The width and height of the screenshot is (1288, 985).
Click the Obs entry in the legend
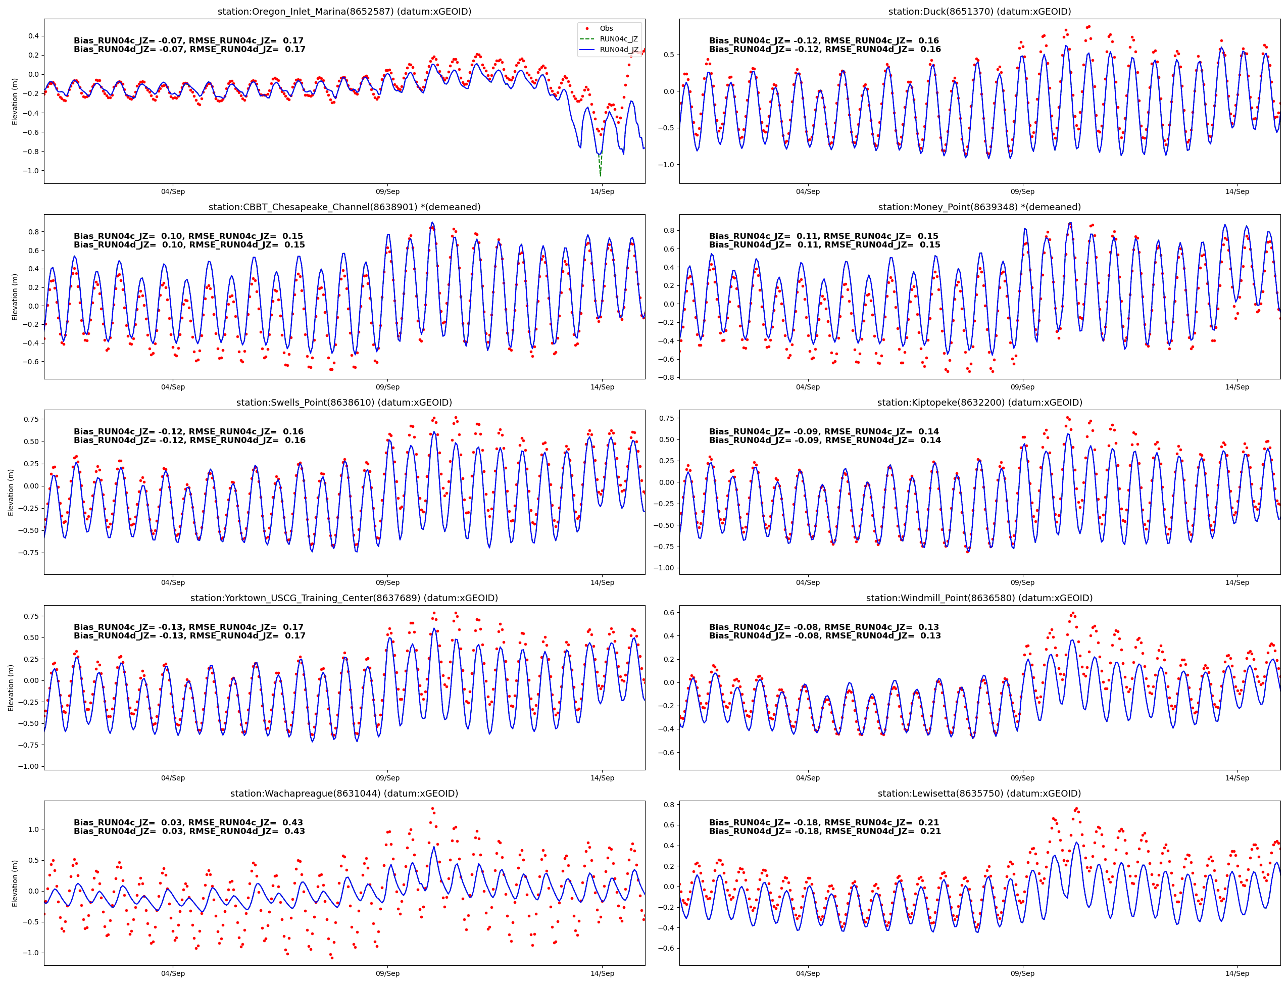click(x=606, y=28)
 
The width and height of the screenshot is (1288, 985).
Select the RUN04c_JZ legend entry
click(x=618, y=39)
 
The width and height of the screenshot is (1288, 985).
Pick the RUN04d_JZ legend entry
click(x=618, y=50)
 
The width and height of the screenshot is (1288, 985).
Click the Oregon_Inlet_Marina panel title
click(x=344, y=12)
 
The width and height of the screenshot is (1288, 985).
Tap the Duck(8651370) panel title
click(x=979, y=12)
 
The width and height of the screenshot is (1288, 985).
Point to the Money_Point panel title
click(x=979, y=207)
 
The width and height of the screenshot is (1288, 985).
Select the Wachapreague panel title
click(x=344, y=793)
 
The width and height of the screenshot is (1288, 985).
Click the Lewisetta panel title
click(x=979, y=793)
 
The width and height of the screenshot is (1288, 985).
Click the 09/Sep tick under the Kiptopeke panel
click(x=1022, y=582)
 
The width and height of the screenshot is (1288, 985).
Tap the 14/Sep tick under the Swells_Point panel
click(x=602, y=582)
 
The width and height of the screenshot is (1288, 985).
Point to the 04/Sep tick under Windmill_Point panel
click(x=808, y=778)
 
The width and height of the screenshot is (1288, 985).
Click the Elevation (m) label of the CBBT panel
click(x=15, y=297)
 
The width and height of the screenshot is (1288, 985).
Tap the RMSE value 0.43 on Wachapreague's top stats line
click(x=292, y=822)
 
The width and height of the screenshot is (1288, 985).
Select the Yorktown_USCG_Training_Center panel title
click(x=344, y=598)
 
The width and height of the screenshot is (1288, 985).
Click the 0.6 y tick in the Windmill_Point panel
click(x=668, y=612)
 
